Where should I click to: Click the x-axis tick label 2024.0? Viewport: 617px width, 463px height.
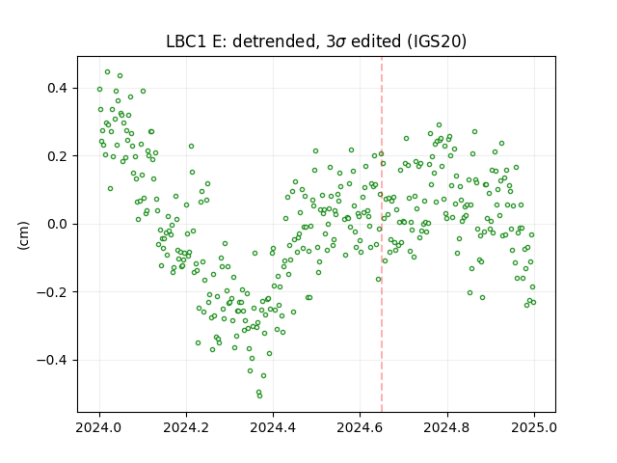pos(99,427)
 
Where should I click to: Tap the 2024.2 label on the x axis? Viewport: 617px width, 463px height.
pos(186,427)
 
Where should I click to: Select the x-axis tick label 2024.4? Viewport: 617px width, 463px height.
pos(273,427)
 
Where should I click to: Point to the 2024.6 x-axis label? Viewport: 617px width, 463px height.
pos(360,427)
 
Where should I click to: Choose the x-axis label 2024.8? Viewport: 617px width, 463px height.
pos(447,427)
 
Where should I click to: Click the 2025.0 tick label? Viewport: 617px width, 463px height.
pos(534,427)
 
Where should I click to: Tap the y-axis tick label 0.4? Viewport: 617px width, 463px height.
pos(57,88)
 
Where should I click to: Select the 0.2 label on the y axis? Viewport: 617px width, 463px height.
pos(57,156)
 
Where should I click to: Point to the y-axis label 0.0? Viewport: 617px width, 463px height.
pos(57,224)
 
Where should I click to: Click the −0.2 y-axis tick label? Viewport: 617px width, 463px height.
pos(52,292)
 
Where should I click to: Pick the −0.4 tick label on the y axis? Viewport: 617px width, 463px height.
pos(52,360)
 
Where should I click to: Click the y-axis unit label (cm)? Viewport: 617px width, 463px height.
pos(23,235)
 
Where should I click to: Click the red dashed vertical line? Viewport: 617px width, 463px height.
pos(382,234)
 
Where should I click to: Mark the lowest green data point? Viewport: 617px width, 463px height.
pos(259,395)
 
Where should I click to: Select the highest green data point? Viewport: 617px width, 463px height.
pos(107,72)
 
